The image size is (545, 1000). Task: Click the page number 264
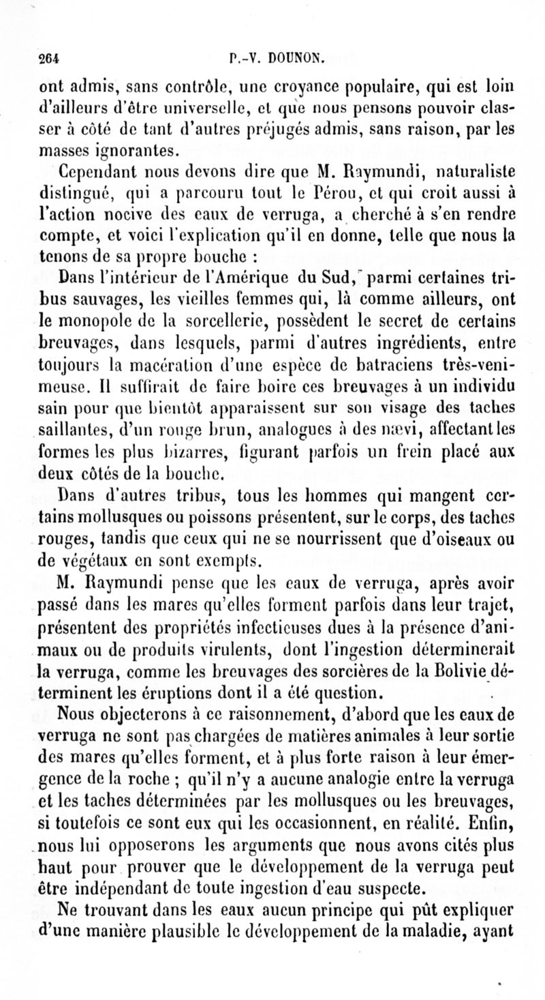point(49,59)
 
